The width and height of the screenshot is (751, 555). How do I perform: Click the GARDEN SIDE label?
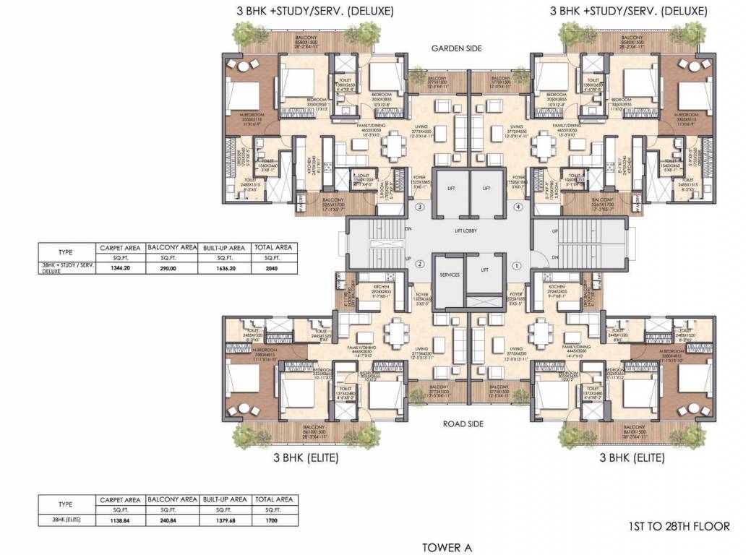click(456, 48)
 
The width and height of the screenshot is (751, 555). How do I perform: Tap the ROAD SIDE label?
click(463, 424)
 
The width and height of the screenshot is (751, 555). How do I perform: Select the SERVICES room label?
click(449, 275)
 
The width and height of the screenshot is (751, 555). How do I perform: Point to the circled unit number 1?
click(517, 265)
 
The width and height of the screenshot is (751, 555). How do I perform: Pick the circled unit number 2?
click(419, 264)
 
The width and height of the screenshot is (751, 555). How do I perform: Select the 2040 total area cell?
click(272, 267)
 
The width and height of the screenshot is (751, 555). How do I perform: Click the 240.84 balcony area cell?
click(171, 519)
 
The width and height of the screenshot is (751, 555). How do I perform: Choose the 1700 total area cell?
click(272, 519)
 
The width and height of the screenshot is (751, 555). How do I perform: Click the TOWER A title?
click(447, 547)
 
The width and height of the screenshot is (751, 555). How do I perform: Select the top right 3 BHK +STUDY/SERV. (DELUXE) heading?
click(627, 11)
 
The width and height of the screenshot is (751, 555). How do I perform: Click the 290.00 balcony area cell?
click(171, 267)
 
